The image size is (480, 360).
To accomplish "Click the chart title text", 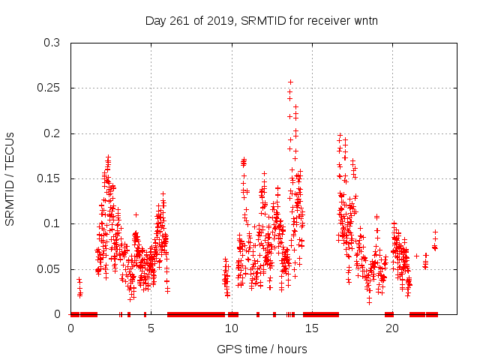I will [x=261, y=20].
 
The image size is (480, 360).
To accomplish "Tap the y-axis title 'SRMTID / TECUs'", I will [x=10, y=178].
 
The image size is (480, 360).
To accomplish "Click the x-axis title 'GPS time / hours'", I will [x=262, y=349].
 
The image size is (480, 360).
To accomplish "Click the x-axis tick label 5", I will [x=151, y=328].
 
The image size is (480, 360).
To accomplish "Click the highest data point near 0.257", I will [x=290, y=82].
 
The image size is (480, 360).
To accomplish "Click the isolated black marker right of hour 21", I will [x=416, y=256].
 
